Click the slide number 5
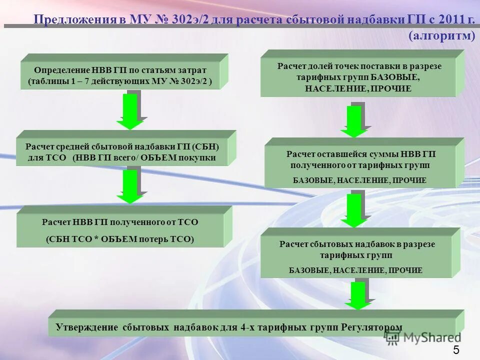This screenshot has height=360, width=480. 456,349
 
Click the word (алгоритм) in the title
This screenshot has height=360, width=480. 441,36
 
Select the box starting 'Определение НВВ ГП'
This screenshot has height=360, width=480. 120,75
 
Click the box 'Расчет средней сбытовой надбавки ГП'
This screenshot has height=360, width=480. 122,152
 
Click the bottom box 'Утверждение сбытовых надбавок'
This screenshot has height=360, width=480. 250,327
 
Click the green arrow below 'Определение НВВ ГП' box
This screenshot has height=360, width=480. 130,111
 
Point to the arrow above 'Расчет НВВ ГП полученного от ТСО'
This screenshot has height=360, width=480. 130,186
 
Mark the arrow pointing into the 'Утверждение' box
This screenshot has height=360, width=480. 358,295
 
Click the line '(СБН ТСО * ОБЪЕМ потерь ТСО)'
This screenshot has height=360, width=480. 120,239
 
